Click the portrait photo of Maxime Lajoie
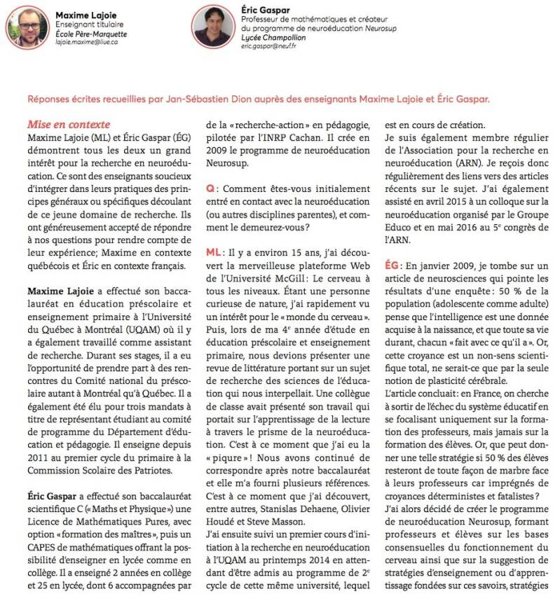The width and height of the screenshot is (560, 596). click(27, 27)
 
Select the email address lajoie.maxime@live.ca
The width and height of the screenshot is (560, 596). click(87, 42)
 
